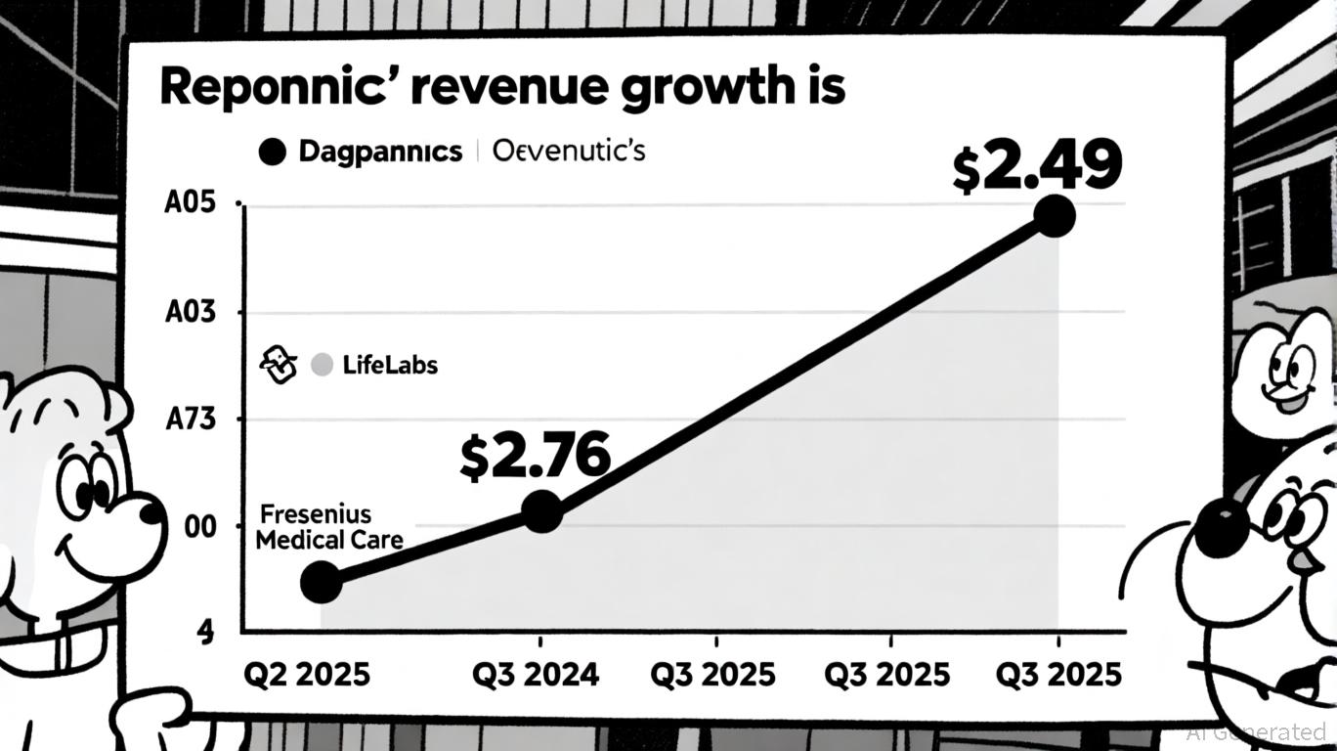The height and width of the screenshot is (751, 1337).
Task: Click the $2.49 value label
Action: [x=1036, y=166]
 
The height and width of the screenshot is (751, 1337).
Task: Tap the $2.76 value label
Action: [x=535, y=456]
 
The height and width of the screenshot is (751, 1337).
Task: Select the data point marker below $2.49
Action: [x=1054, y=215]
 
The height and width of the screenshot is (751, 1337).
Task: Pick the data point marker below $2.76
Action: [x=542, y=511]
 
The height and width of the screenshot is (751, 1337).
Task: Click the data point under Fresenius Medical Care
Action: [x=321, y=582]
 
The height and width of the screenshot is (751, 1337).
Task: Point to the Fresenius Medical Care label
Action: [x=328, y=527]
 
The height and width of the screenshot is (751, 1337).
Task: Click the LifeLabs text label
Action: [x=390, y=366]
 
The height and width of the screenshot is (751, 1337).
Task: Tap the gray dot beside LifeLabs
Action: [x=322, y=366]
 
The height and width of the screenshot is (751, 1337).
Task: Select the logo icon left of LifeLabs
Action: [x=277, y=365]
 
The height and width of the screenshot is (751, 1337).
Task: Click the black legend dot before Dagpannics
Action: [x=273, y=152]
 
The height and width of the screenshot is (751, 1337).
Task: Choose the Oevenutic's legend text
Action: [x=569, y=152]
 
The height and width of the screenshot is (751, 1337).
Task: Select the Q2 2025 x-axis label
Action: [x=307, y=674]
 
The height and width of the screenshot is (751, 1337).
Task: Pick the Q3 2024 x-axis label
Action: [x=536, y=674]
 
